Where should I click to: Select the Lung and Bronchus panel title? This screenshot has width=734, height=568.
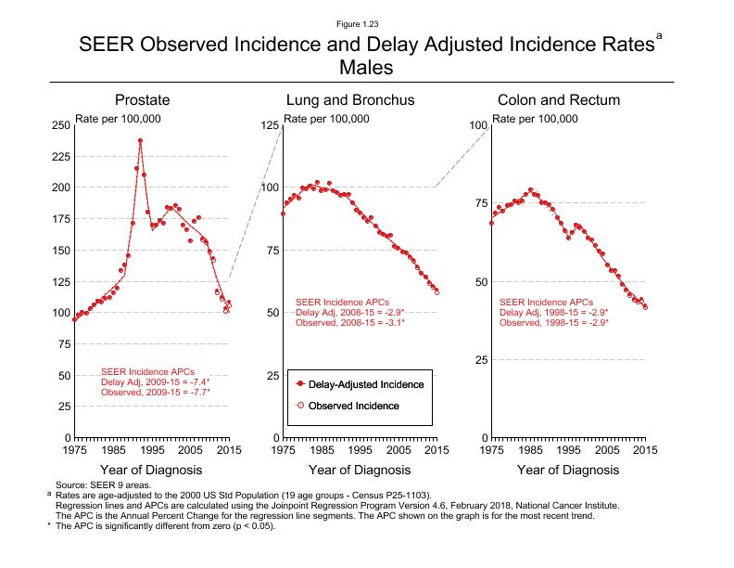tap(349, 100)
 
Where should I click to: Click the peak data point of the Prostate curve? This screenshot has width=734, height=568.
tap(140, 141)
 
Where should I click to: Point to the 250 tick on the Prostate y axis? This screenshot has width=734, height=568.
tap(60, 125)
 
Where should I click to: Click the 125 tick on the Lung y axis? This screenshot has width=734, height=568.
tap(269, 125)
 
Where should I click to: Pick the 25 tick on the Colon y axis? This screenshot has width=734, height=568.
tap(479, 360)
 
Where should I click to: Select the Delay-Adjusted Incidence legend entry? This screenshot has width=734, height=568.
tap(366, 384)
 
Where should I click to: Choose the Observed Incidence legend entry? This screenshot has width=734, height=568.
tap(353, 407)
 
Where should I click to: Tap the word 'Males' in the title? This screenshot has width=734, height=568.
tap(367, 68)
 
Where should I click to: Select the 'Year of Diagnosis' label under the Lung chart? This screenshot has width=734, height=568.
tap(359, 471)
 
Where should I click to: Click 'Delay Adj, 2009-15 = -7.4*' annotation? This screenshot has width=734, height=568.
tap(155, 381)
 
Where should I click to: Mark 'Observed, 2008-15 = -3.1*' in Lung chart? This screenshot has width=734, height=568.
tap(349, 322)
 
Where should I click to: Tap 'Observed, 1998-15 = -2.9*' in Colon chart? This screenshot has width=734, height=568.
tap(553, 322)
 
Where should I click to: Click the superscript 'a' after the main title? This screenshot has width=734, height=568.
tap(659, 35)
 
